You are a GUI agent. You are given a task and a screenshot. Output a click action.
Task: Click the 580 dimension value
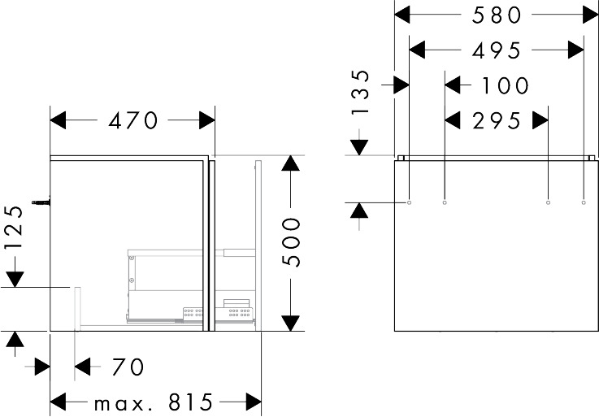(497, 15)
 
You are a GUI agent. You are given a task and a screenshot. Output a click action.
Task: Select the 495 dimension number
(497, 50)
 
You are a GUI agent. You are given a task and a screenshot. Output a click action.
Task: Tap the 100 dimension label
(505, 85)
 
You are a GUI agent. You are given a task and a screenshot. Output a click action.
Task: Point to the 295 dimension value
(497, 121)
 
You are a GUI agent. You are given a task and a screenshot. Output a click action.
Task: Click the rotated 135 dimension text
(361, 92)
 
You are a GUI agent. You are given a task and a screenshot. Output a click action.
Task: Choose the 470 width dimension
(132, 120)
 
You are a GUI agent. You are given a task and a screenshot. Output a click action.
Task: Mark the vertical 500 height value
(291, 242)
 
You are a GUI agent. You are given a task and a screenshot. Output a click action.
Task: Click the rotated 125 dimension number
(15, 228)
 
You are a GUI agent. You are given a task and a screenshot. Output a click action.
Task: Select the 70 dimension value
(128, 367)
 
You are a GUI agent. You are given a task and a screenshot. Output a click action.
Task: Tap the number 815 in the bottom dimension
(190, 402)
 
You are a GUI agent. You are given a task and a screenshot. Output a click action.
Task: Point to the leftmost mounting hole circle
(409, 202)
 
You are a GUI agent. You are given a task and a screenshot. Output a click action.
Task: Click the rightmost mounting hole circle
(584, 202)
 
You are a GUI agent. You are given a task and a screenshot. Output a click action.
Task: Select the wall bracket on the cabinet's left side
(41, 202)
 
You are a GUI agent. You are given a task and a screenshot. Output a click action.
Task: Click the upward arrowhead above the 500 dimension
(291, 163)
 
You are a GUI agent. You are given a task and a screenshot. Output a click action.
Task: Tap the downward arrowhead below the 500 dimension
(291, 324)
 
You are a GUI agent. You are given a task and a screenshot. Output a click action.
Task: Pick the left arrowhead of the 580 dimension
(402, 15)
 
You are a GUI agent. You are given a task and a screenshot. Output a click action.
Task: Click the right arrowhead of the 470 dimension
(207, 120)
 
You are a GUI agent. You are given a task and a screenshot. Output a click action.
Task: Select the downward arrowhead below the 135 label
(359, 148)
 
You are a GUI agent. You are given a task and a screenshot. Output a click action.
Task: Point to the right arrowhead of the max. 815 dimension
(254, 402)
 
